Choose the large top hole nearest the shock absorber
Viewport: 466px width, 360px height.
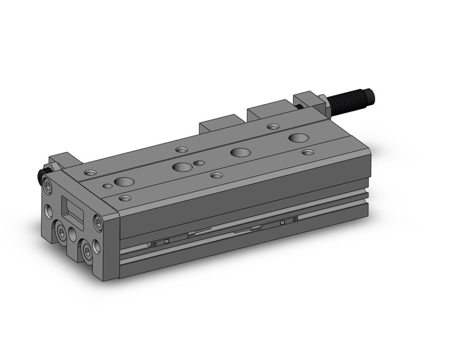pyautogui.click(x=299, y=137)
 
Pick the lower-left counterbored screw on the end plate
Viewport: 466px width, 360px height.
pyautogui.click(x=62, y=232)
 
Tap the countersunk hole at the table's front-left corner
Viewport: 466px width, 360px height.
pyautogui.click(x=125, y=199)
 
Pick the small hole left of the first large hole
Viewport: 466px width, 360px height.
pyautogui.click(x=107, y=185)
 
